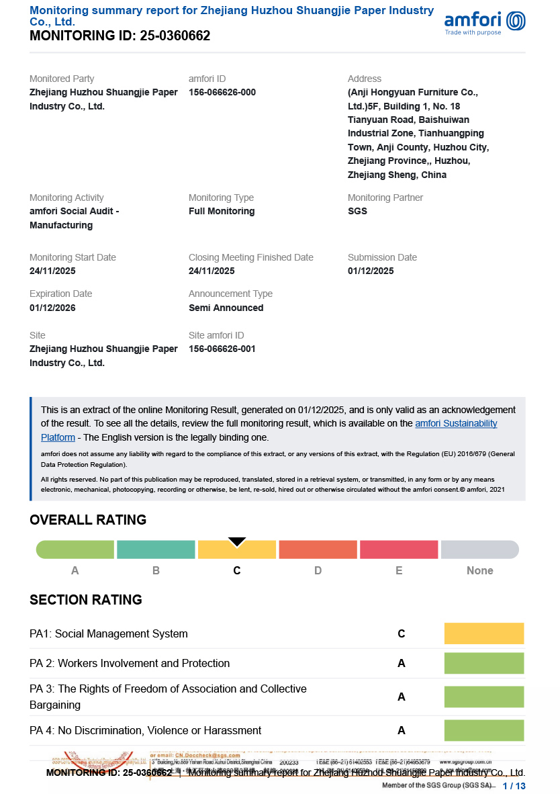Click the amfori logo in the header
(x=485, y=22)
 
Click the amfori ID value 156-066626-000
(x=222, y=93)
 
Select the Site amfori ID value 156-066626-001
(x=222, y=349)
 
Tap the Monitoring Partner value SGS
(x=357, y=212)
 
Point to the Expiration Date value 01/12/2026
(x=52, y=308)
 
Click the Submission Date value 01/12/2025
(x=371, y=271)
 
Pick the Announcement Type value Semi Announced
(x=226, y=308)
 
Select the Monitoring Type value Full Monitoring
(x=222, y=212)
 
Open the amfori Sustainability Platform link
(x=456, y=424)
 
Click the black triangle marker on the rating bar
(x=237, y=541)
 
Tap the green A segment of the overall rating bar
(x=75, y=549)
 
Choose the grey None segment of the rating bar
(x=479, y=549)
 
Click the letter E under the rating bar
(x=399, y=571)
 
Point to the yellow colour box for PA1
(x=483, y=633)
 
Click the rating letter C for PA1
(x=402, y=634)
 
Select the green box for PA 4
(x=483, y=730)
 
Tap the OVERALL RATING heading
(x=88, y=520)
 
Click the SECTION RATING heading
(x=86, y=600)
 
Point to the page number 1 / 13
(x=514, y=785)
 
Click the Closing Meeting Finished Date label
(x=251, y=258)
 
